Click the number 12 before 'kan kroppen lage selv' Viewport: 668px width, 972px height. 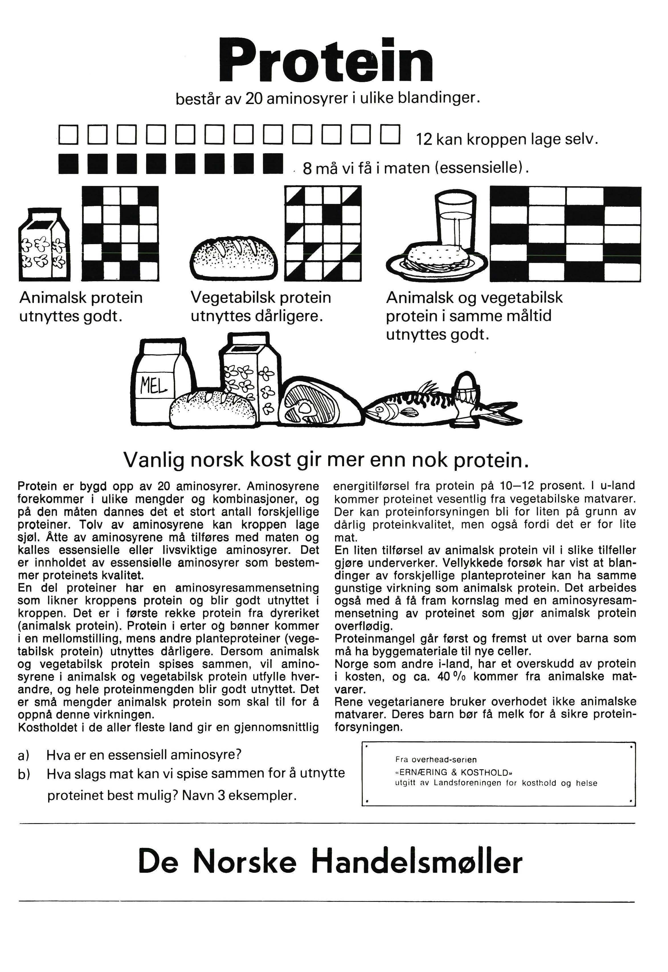coord(424,139)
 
